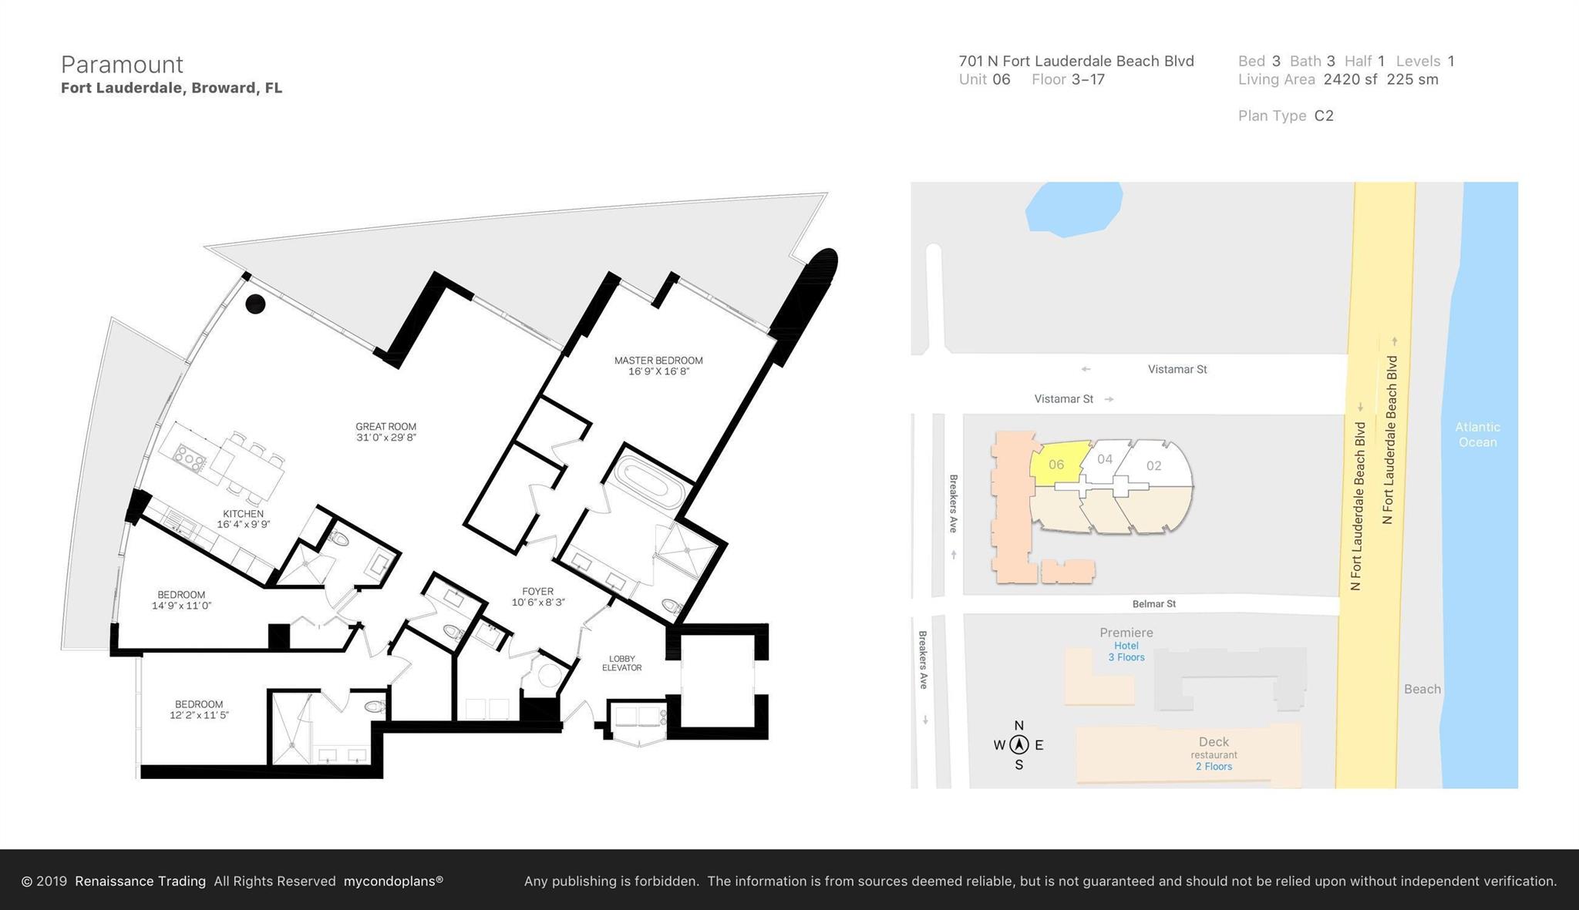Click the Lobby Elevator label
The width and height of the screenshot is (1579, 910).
(x=621, y=663)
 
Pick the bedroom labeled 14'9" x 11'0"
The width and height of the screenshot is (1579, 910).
(x=181, y=599)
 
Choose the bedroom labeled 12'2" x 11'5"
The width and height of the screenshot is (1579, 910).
(x=199, y=709)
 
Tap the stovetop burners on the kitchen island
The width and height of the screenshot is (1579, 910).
(x=190, y=458)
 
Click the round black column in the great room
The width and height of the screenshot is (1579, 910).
(x=255, y=304)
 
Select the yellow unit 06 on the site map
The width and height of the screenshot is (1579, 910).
(x=1056, y=465)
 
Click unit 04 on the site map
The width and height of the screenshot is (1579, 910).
(x=1104, y=459)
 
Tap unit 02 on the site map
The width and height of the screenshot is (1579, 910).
(x=1153, y=465)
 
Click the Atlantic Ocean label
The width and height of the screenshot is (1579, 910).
(x=1477, y=435)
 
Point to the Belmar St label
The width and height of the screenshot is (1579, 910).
(x=1153, y=604)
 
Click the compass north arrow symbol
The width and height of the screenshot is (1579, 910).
(x=1019, y=744)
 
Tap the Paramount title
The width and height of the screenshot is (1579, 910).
(x=122, y=64)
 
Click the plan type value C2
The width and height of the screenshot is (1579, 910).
(x=1324, y=116)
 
